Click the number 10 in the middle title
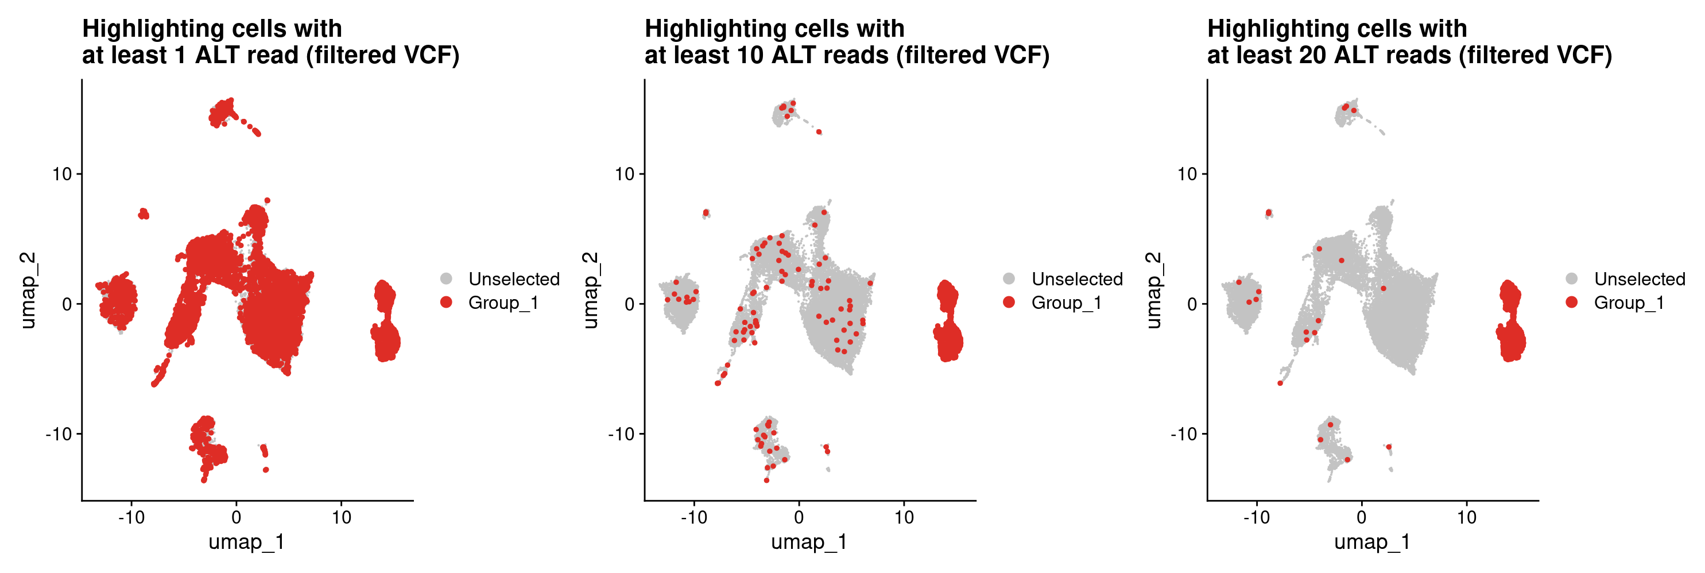(x=750, y=56)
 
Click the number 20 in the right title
(x=1313, y=56)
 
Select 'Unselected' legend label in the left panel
(x=514, y=279)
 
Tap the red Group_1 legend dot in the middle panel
(x=1009, y=303)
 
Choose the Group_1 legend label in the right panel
(x=1628, y=303)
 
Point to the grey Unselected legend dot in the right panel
(x=1572, y=279)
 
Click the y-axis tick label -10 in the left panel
(x=58, y=434)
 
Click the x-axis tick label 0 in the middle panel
(x=799, y=517)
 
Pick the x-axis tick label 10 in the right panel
(x=1466, y=517)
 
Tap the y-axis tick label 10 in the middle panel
(x=624, y=174)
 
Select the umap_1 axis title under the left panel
(x=246, y=542)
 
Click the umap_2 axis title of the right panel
(x=1152, y=290)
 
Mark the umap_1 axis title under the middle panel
(x=809, y=542)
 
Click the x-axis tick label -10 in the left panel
(x=131, y=517)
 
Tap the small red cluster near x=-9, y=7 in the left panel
(x=144, y=213)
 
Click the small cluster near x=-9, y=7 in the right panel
(x=1268, y=213)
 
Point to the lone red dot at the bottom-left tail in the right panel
(x=1280, y=383)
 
